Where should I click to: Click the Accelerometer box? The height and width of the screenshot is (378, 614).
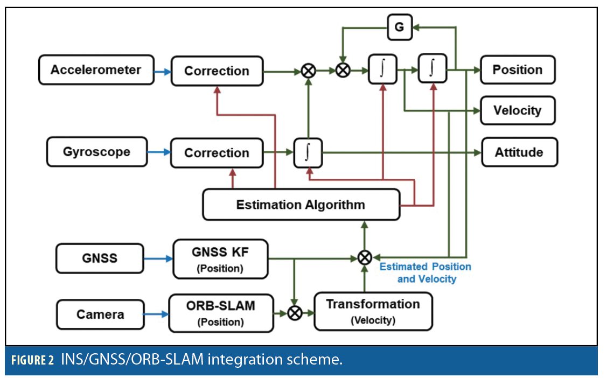point(96,70)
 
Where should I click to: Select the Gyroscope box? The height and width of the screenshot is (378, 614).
point(97,152)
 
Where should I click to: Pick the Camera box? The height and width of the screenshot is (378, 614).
point(100,314)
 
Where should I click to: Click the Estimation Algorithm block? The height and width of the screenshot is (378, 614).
point(301,205)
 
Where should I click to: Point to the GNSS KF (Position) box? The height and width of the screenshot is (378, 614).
point(220,259)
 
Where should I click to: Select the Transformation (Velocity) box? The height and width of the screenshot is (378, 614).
point(373,311)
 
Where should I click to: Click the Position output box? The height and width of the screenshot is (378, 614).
point(517,70)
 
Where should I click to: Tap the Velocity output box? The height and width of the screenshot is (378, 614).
point(517,110)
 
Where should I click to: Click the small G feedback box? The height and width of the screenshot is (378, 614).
point(399,27)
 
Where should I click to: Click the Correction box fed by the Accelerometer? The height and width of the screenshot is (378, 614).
point(217,71)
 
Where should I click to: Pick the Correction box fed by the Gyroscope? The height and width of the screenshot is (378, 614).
point(217,152)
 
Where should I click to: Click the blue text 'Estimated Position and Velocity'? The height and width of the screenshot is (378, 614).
point(426,272)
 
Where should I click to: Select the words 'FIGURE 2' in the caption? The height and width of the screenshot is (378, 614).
point(32,360)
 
